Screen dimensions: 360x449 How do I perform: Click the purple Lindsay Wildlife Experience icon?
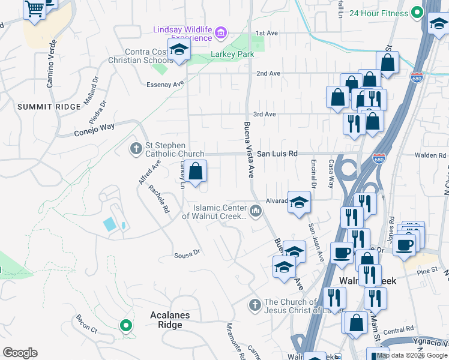tap(221, 32)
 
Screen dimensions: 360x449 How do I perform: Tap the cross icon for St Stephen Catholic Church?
tap(136, 148)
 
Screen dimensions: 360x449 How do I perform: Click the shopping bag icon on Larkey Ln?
tap(195, 172)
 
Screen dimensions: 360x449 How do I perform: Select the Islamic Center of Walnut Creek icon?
tap(256, 211)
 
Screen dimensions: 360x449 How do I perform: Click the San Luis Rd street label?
tap(277, 154)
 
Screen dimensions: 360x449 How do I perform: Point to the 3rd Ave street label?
tap(264, 114)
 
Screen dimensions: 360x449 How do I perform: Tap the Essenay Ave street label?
tap(165, 85)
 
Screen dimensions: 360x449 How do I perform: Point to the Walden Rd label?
tap(434, 155)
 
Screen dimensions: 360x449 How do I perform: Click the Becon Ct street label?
tap(86, 324)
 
